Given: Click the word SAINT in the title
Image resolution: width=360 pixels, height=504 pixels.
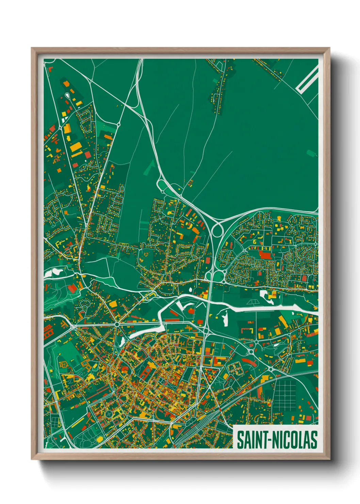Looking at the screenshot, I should [x=251, y=440].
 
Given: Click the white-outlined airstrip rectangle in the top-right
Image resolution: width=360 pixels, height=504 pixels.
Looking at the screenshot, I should [x=307, y=79].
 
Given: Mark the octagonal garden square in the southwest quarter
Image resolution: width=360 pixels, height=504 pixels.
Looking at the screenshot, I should [x=109, y=414].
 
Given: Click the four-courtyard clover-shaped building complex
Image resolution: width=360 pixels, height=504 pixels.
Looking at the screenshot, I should [x=234, y=368].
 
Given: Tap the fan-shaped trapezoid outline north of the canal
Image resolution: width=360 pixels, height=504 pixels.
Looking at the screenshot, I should [x=252, y=302].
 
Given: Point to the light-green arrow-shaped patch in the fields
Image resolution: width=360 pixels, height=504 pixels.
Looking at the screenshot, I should [x=150, y=168].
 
